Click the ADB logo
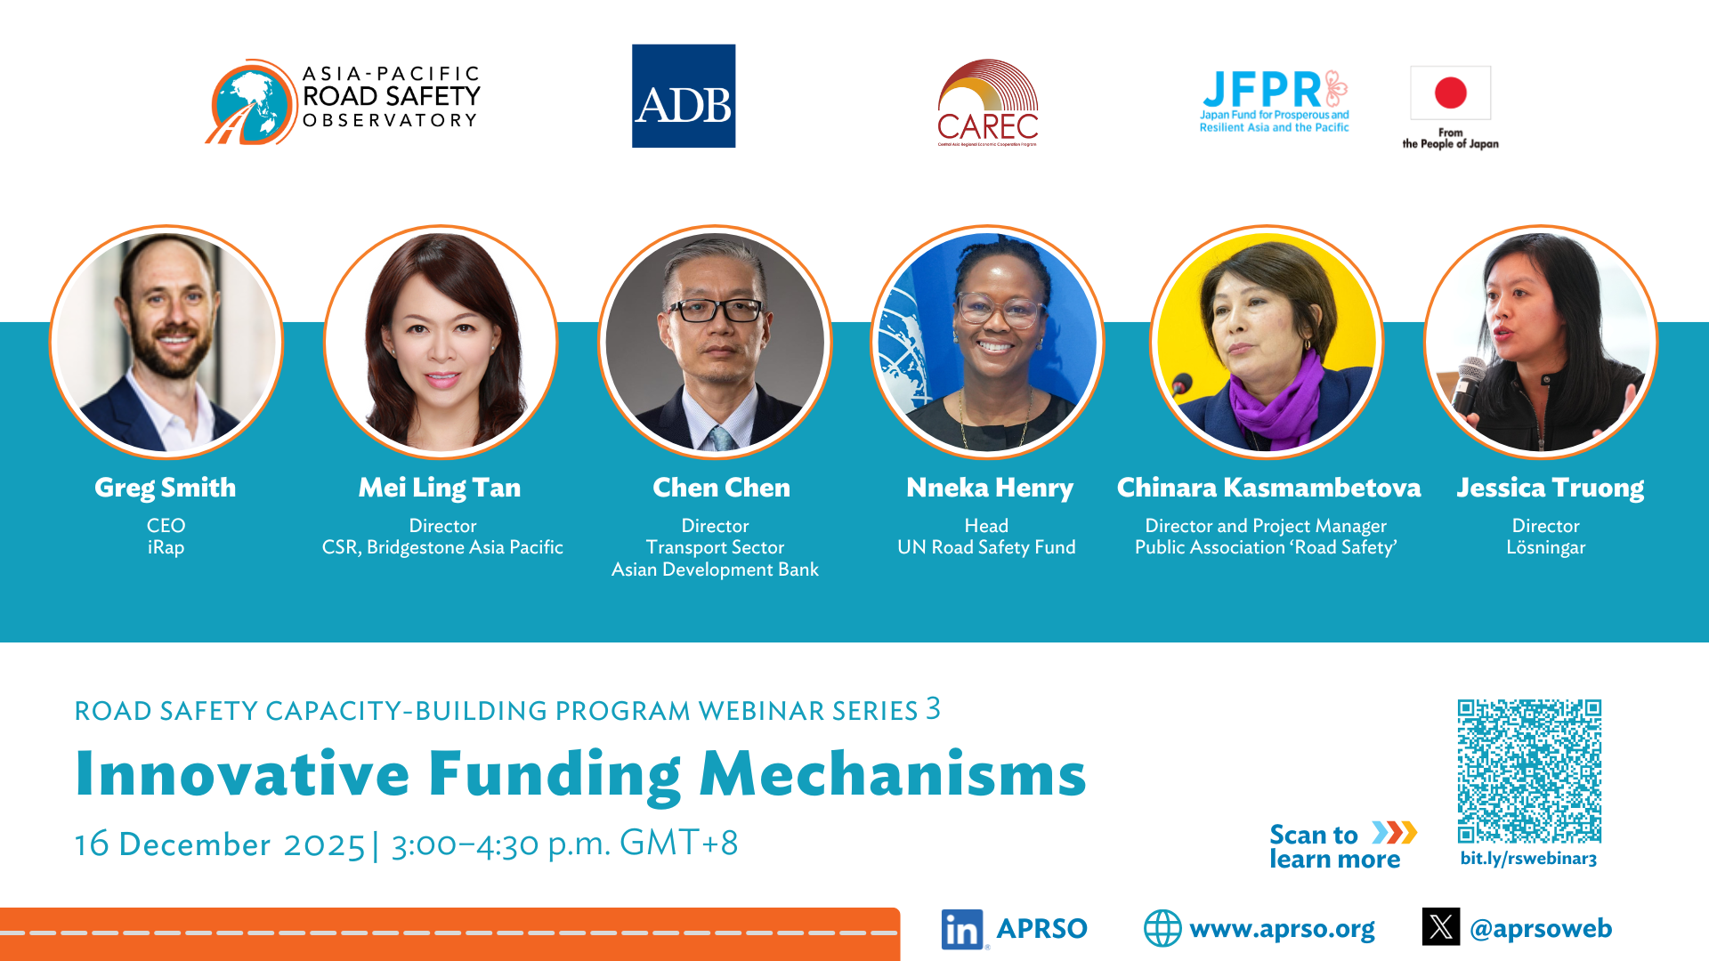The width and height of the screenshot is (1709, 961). point(684,96)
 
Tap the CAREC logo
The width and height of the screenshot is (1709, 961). point(988,103)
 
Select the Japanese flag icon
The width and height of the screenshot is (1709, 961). point(1450,93)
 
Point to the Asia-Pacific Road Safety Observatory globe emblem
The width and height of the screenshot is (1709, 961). point(252,102)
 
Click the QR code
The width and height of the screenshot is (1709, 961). point(1529,771)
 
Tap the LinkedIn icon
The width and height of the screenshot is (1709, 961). point(962,929)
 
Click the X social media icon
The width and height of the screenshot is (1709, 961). point(1441,926)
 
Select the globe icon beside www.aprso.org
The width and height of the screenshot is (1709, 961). point(1162,928)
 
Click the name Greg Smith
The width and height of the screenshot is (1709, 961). point(166,488)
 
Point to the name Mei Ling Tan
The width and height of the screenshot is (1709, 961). point(440,488)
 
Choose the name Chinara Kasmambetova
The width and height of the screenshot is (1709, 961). point(1268,488)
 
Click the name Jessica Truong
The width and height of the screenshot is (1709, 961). point(1550,488)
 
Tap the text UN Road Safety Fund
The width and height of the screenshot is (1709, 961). point(986,547)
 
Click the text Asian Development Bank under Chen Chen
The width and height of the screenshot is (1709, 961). point(715,569)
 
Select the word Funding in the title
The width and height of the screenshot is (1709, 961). point(555,774)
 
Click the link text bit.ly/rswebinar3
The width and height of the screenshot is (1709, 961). point(1528,859)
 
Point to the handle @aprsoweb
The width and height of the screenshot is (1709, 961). point(1541,929)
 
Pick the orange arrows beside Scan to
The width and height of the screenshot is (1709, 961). point(1394,833)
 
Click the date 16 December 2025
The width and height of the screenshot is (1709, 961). point(220,844)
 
